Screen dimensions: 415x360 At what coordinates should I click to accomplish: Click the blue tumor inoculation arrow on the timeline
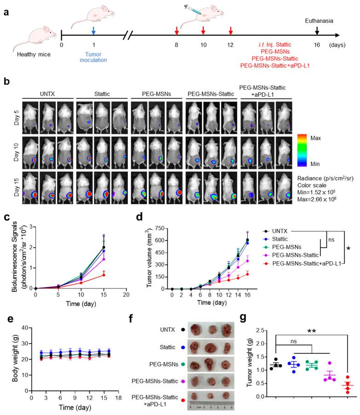[93, 30]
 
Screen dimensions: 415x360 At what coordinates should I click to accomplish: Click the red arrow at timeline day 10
[203, 30]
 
